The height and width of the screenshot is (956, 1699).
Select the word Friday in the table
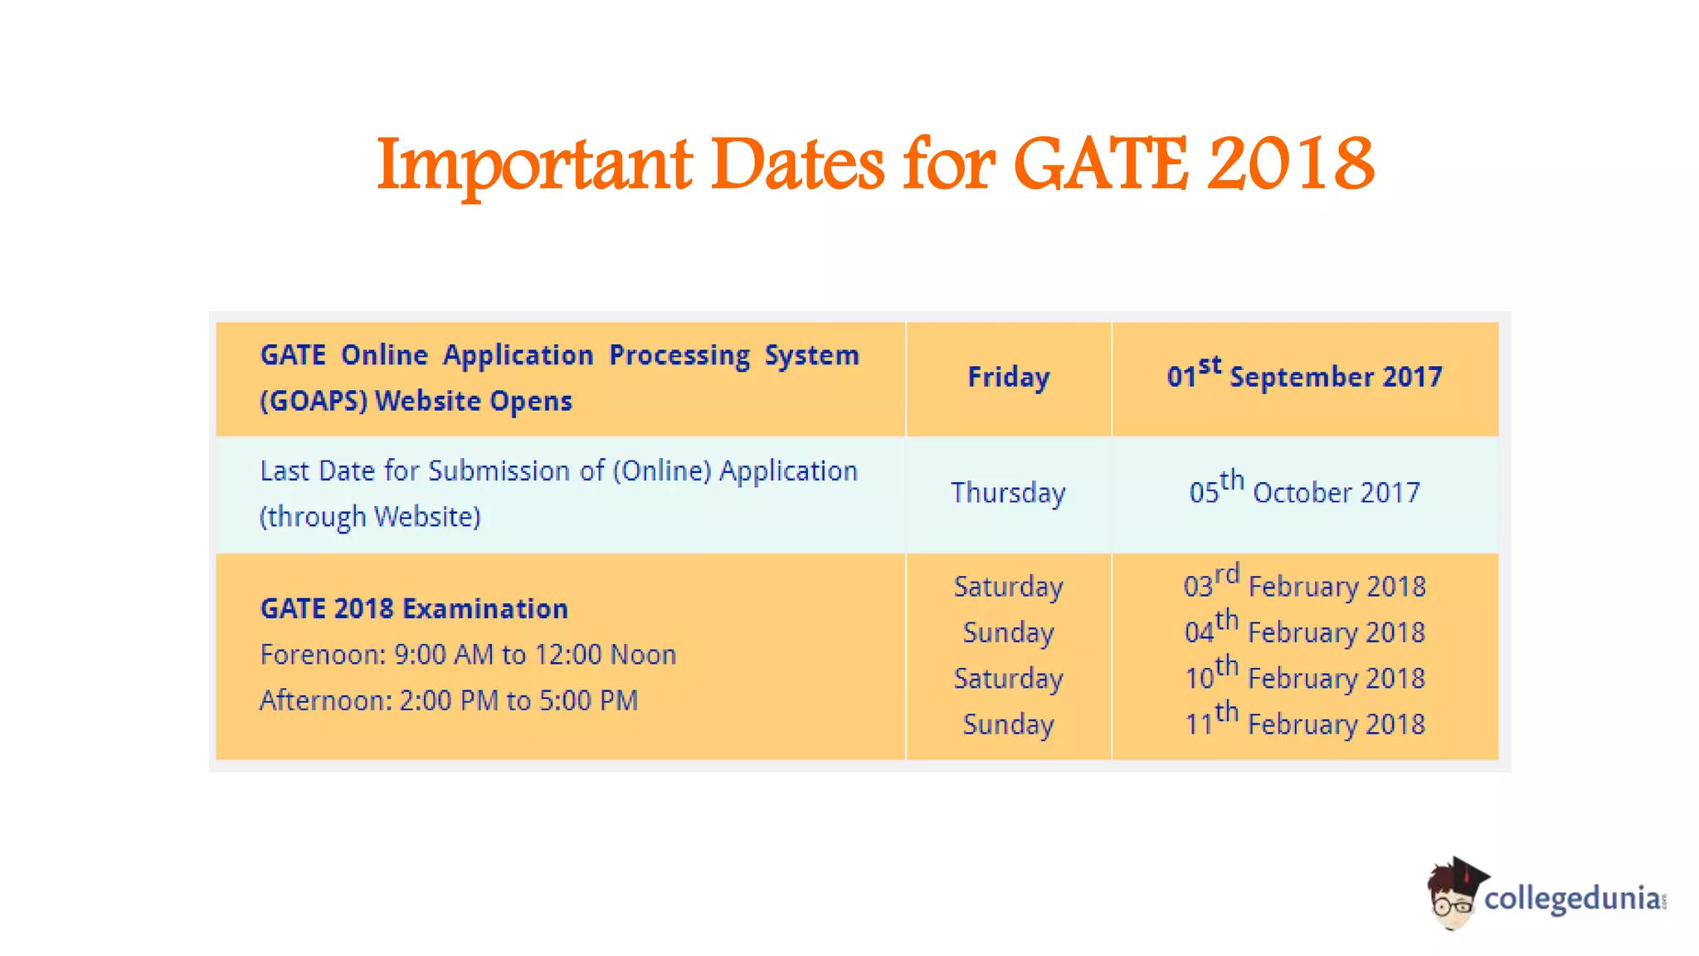[1008, 378]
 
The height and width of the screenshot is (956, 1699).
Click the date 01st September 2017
[1304, 376]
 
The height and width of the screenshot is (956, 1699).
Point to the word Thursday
[1008, 493]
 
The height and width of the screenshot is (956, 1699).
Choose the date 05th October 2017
[1304, 491]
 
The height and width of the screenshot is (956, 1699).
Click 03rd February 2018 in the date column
[1304, 585]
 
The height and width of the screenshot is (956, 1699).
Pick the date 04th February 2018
[1304, 632]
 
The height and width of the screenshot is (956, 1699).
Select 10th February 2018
[1304, 677]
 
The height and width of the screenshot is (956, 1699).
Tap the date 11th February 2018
[1304, 723]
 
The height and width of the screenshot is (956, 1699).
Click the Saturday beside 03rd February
[1008, 587]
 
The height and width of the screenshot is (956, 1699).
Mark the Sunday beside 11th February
[1008, 724]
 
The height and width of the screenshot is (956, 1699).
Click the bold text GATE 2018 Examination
[414, 609]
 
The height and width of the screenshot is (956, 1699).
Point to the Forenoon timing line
[468, 655]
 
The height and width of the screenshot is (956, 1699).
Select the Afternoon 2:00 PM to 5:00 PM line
[449, 700]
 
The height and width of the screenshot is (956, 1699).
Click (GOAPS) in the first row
[314, 402]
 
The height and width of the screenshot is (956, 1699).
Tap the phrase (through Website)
[370, 517]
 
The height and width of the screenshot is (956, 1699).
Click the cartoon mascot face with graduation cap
[1453, 895]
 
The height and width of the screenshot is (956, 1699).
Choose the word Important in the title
[534, 165]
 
